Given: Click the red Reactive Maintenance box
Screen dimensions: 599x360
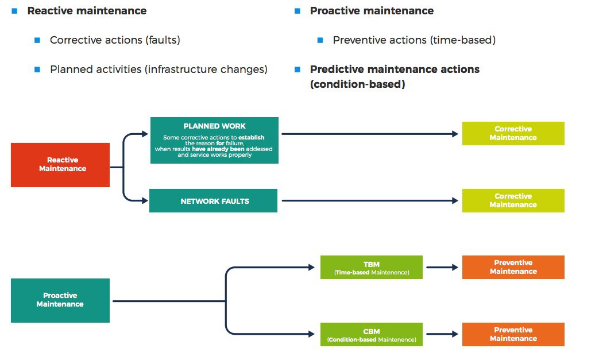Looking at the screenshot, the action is [x=60, y=165].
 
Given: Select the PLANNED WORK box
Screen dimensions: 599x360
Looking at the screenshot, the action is [x=214, y=141].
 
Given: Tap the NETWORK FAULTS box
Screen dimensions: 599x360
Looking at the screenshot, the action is [x=213, y=201].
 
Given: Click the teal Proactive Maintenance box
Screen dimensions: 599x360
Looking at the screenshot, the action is [x=60, y=300].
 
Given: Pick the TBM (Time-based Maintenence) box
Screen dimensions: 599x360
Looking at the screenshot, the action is [x=372, y=267].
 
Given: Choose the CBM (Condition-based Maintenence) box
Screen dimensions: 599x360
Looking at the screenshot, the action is [x=372, y=334].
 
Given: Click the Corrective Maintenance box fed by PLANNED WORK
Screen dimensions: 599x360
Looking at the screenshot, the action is [x=513, y=134].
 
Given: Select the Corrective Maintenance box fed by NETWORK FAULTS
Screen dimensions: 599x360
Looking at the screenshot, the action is [x=513, y=201].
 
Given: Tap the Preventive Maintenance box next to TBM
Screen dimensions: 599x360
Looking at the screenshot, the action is [x=513, y=267].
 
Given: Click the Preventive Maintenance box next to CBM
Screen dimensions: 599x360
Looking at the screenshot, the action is [x=513, y=334].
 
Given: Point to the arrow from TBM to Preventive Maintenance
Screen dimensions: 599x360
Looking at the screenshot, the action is [x=442, y=267].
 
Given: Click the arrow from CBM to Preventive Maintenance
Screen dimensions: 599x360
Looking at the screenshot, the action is [x=442, y=334].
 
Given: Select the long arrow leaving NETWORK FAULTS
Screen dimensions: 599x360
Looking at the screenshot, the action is [x=370, y=200].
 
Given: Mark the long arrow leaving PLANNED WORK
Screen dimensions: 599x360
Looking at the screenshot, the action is [x=370, y=134].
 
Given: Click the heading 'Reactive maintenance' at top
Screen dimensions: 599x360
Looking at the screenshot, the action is [x=87, y=11].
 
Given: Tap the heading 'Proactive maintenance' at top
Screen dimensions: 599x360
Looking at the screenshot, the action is [x=372, y=11].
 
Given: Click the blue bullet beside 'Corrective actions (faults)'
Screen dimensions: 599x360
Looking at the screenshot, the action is [x=37, y=40].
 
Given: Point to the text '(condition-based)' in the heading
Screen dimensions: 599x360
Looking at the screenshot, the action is [x=358, y=84].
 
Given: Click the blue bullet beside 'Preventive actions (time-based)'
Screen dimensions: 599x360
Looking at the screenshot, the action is [x=320, y=40].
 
